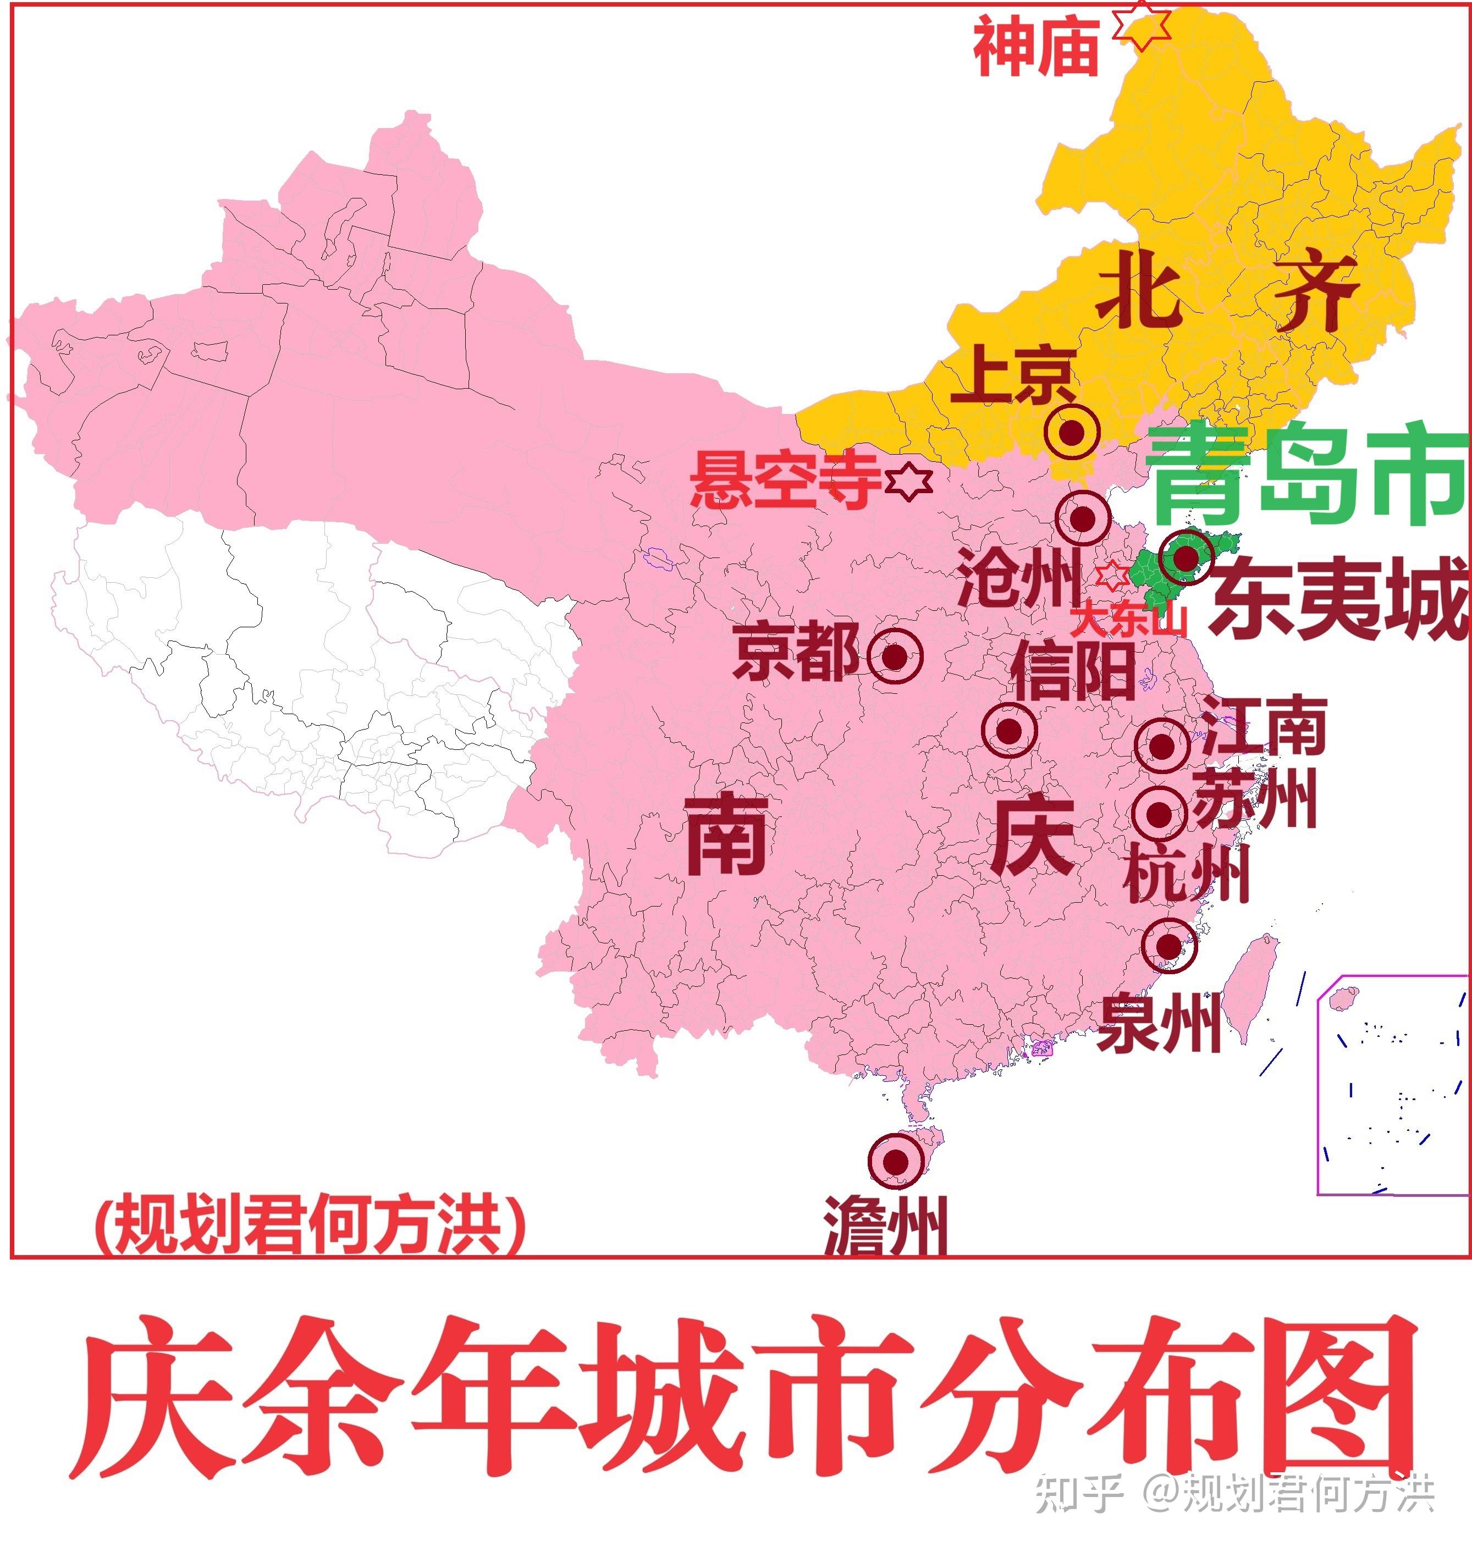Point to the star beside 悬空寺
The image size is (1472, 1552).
(x=908, y=479)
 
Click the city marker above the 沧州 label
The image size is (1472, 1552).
(x=1083, y=518)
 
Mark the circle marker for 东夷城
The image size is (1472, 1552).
(x=1186, y=557)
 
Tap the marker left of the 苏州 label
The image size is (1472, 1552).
(x=1160, y=815)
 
